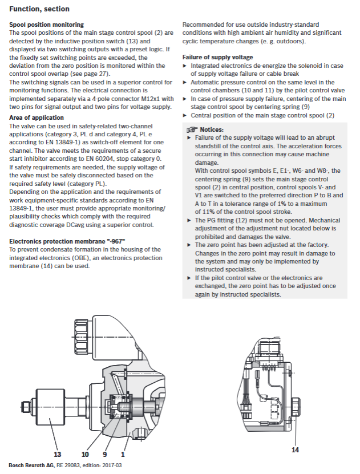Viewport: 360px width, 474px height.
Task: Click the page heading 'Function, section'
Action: [x=39, y=9]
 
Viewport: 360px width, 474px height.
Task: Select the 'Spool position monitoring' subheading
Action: [x=46, y=25]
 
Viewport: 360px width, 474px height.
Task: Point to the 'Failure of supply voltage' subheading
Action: [x=217, y=58]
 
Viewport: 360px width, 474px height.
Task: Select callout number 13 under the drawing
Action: [x=56, y=454]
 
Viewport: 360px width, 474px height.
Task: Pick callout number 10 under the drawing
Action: [x=85, y=454]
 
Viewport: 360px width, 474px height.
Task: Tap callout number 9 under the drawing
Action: [x=104, y=454]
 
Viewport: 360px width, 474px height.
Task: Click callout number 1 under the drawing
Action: [x=122, y=454]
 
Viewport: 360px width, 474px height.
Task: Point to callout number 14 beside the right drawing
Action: [x=295, y=434]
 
